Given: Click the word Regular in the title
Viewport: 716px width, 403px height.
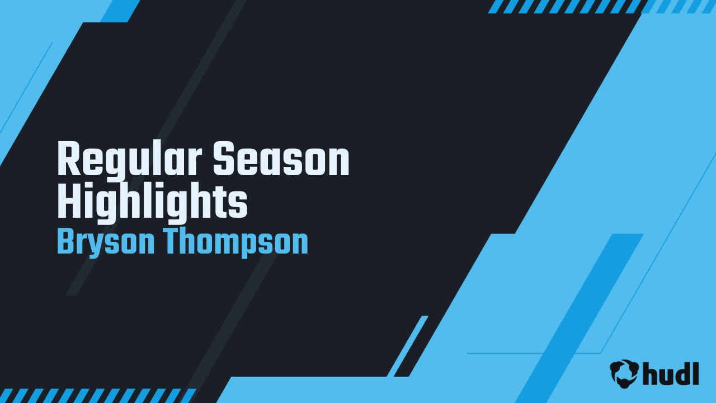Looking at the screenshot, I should [130, 160].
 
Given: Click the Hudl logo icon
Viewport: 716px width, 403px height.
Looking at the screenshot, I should [624, 373].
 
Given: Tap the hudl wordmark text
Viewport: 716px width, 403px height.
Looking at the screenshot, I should [671, 373].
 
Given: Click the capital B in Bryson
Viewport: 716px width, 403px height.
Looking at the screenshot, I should [65, 242].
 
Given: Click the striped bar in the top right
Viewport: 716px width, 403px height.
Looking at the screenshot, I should [601, 6].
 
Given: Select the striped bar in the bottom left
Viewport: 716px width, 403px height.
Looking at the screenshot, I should [98, 395].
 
